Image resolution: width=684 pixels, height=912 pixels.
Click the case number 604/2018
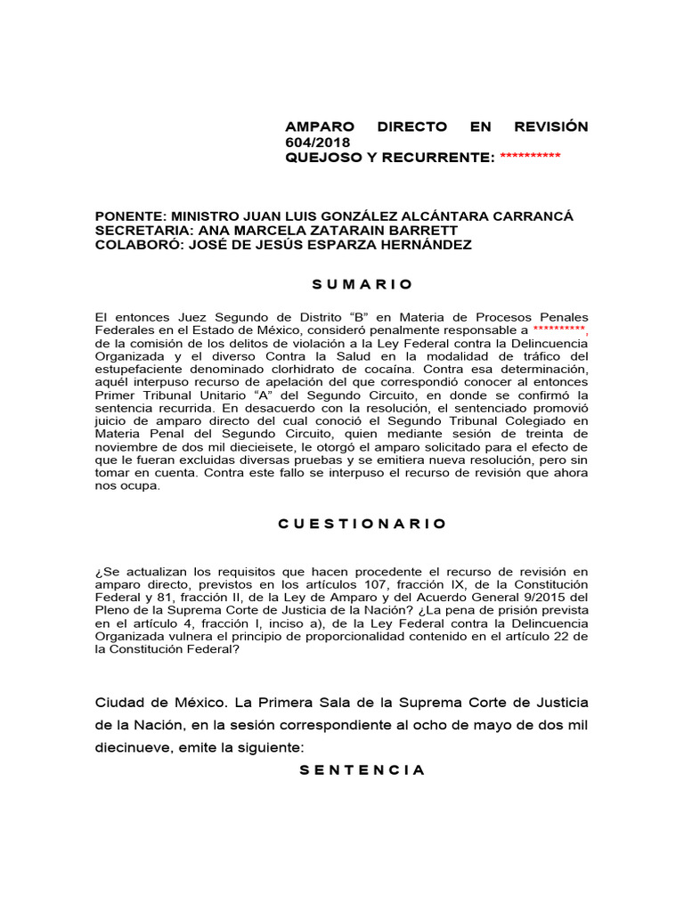318,142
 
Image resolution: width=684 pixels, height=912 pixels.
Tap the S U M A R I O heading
362,284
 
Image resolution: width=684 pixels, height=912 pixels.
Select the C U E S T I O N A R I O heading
362,524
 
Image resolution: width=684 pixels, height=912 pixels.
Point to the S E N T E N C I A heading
362,769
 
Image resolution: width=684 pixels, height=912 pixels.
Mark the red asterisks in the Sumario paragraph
560,330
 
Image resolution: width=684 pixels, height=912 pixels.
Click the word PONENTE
130,216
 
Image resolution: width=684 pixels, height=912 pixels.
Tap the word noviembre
127,446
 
